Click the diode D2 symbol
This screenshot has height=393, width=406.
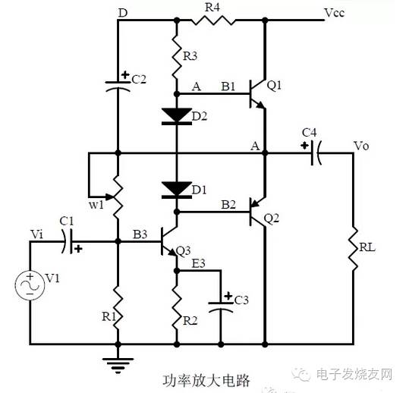pos(177,117)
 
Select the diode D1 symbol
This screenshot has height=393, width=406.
pos(177,190)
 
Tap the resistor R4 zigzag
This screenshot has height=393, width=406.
pos(213,20)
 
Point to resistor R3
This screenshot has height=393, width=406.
pos(177,57)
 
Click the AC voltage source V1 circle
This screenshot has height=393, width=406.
pos(30,285)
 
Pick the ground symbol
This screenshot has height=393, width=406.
pos(118,366)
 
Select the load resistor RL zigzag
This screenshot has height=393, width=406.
pos(353,249)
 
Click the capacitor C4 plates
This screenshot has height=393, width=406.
pos(316,153)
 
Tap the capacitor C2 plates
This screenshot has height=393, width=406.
pos(118,86)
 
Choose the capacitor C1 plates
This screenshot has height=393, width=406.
pos(67,241)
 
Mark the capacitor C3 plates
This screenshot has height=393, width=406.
pos(221,307)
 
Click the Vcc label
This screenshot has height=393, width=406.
pos(334,12)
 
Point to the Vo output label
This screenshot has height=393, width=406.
pos(361,146)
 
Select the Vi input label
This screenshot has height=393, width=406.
pos(37,234)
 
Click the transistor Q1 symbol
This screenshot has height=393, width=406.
pos(257,94)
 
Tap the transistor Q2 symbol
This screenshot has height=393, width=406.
pos(257,212)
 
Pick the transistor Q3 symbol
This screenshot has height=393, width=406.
pos(168,241)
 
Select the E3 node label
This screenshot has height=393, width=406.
pos(198,263)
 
